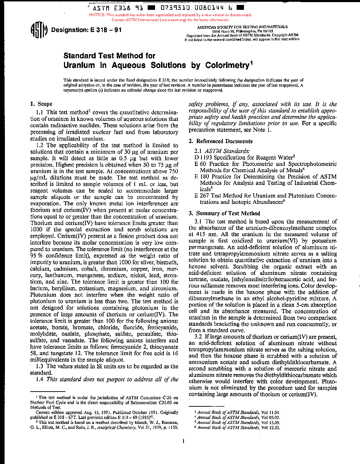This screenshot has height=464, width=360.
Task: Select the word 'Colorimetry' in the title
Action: pos(227,65)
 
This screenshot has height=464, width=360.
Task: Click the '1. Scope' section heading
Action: pos(41,104)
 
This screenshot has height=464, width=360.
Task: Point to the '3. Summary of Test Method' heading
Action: pos(224,213)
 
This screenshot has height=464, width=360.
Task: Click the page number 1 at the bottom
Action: pos(184,441)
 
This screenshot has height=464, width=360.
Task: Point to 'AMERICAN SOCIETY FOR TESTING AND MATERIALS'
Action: pos(242,27)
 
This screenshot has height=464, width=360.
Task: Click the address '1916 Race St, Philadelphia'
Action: pos(242,31)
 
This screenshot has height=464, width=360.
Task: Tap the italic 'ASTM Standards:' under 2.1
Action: pos(227,151)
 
